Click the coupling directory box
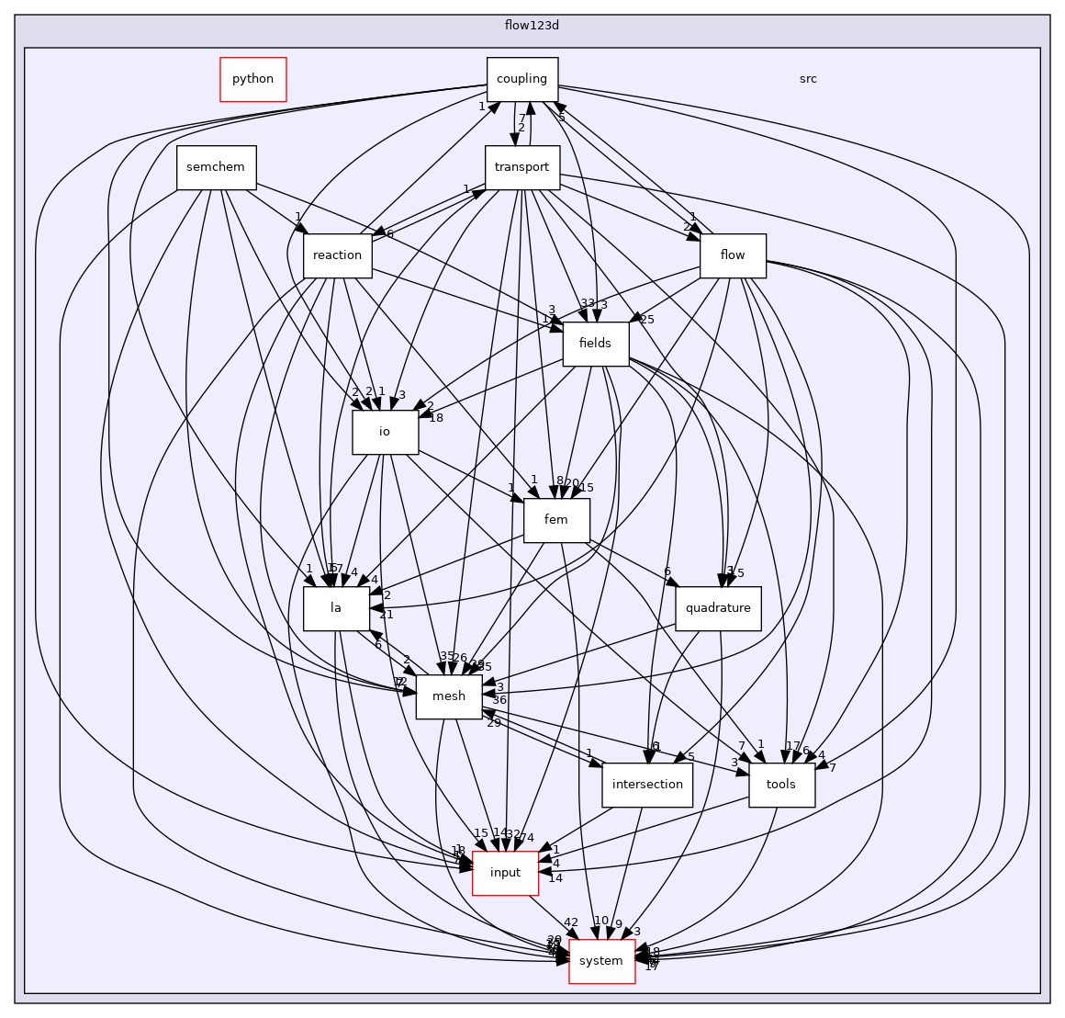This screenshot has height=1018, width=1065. coord(522,79)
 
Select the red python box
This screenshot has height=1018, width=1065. coord(253,79)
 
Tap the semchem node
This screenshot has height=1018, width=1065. coord(216,167)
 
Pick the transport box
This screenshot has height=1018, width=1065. coord(521,167)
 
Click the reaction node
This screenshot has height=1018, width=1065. coord(337,255)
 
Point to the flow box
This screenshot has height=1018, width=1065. coord(733,255)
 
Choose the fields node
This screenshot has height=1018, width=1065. coord(595,344)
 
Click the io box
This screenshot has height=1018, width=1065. coord(385,432)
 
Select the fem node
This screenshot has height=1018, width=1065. coord(555,520)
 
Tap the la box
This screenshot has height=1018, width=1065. coord(336,608)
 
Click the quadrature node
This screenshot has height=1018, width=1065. coord(718,608)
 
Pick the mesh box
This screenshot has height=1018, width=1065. coord(449,696)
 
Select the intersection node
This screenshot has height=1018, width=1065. coord(647,785)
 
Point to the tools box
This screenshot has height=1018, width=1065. coord(781,785)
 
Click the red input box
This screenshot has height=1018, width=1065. coord(505,873)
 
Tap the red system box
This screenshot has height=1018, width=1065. coord(602,961)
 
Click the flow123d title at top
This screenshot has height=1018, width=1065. coord(532,25)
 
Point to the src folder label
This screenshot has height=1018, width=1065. coord(808,79)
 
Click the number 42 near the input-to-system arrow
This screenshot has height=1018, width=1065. coord(571,922)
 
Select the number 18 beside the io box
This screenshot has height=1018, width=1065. coord(436,418)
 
